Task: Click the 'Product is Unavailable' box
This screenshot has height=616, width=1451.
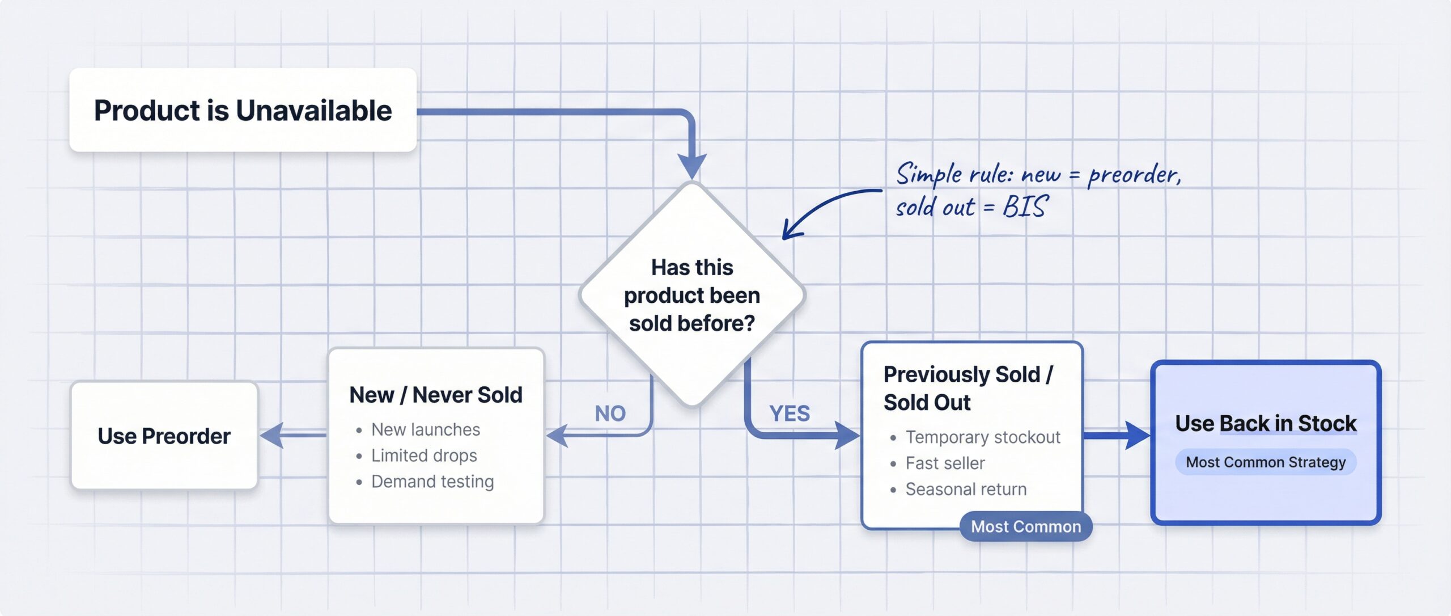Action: click(x=243, y=110)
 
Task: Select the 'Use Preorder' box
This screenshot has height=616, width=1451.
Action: click(x=164, y=436)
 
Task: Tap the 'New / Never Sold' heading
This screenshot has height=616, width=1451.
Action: click(x=435, y=395)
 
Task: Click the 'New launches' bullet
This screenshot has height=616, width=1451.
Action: click(x=425, y=429)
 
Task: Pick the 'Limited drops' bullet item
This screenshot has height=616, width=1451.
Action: click(x=423, y=455)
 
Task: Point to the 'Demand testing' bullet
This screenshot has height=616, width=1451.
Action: click(x=432, y=482)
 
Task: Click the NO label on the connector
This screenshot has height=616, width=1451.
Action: click(x=610, y=414)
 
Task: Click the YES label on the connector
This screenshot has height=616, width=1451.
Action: click(x=789, y=414)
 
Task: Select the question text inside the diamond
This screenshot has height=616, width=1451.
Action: click(x=691, y=295)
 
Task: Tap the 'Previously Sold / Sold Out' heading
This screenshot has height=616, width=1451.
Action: click(x=967, y=388)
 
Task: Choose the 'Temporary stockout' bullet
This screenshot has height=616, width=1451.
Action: click(x=982, y=437)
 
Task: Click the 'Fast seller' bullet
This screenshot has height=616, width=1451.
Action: click(x=945, y=463)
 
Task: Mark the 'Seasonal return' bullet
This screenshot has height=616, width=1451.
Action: click(x=965, y=489)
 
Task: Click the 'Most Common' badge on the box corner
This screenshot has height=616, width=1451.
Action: click(x=1025, y=526)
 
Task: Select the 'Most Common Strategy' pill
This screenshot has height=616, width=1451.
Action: click(x=1265, y=462)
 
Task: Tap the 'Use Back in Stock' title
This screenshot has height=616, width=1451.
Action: click(x=1265, y=424)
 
